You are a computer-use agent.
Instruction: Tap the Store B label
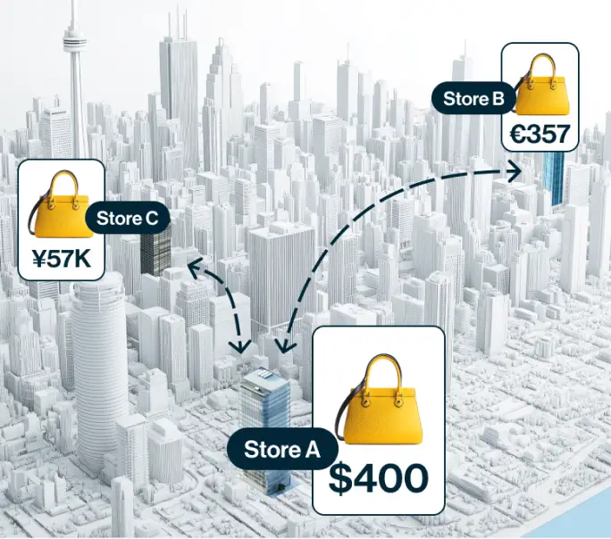tap(473, 99)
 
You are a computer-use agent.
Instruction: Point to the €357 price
tap(540, 135)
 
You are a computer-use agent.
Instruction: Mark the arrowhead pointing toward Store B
tap(517, 170)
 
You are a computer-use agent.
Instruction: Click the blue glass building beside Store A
tap(265, 402)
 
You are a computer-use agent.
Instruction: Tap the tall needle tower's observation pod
tap(72, 40)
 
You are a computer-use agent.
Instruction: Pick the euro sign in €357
tap(518, 135)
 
